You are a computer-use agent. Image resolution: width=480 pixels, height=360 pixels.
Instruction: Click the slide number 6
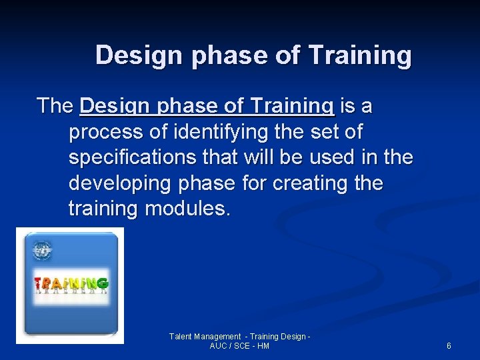click(x=449, y=346)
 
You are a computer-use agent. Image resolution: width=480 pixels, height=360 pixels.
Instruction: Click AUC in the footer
click(x=219, y=346)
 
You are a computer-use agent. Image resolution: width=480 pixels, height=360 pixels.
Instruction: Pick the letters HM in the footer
click(x=263, y=346)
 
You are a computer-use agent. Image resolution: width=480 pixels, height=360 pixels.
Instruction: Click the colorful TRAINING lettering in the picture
click(x=71, y=283)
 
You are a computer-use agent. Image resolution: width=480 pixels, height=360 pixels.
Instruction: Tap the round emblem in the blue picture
click(x=43, y=251)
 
